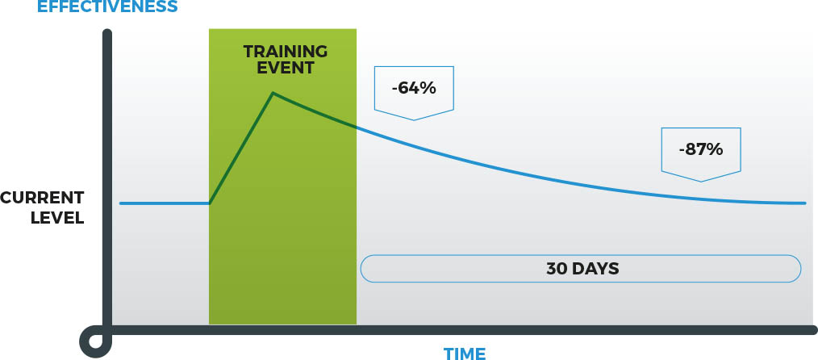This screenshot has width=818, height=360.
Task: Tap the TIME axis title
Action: click(x=465, y=353)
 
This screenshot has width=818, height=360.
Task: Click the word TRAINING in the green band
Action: click(x=286, y=52)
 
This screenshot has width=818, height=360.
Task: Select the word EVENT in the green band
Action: click(x=286, y=68)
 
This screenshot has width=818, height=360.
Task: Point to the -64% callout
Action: click(x=414, y=88)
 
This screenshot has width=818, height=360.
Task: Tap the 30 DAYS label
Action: click(x=582, y=269)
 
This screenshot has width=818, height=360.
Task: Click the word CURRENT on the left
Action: click(x=42, y=198)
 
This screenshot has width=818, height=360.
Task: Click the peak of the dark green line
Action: click(x=273, y=94)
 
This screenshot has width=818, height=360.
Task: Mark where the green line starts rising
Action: click(x=210, y=203)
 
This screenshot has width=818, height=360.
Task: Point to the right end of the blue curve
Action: click(x=804, y=203)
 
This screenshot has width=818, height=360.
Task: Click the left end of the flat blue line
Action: click(x=121, y=203)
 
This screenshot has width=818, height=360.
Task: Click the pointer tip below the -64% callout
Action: click(x=414, y=119)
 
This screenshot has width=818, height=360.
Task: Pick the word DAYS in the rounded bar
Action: click(x=595, y=269)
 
